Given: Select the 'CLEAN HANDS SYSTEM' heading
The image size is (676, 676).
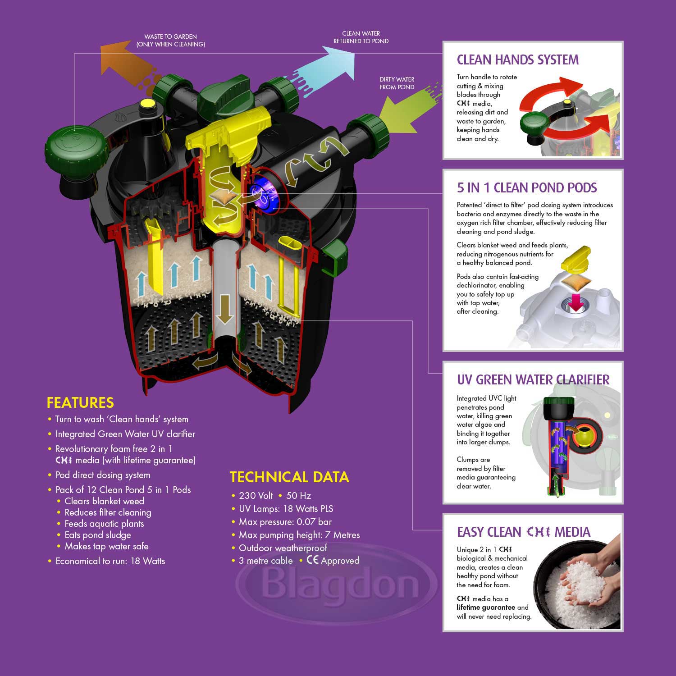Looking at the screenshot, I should [x=517, y=60].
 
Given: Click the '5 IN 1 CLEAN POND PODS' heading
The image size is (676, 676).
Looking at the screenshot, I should [x=526, y=187].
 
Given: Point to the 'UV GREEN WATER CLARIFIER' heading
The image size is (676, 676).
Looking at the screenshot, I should [x=533, y=379].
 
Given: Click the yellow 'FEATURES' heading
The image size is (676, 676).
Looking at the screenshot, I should [x=80, y=402].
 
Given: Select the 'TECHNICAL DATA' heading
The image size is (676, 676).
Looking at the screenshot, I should [x=289, y=477].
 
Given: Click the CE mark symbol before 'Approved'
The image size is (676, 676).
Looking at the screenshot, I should [x=312, y=560].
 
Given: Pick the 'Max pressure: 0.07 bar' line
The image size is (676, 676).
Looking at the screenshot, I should [x=285, y=522].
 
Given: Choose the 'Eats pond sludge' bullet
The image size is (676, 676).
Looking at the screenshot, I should [x=97, y=535].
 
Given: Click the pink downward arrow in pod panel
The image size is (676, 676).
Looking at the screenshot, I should [x=575, y=302].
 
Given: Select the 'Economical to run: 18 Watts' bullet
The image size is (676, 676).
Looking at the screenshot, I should [x=110, y=561].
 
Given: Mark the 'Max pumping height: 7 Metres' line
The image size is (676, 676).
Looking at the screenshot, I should [x=299, y=535].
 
